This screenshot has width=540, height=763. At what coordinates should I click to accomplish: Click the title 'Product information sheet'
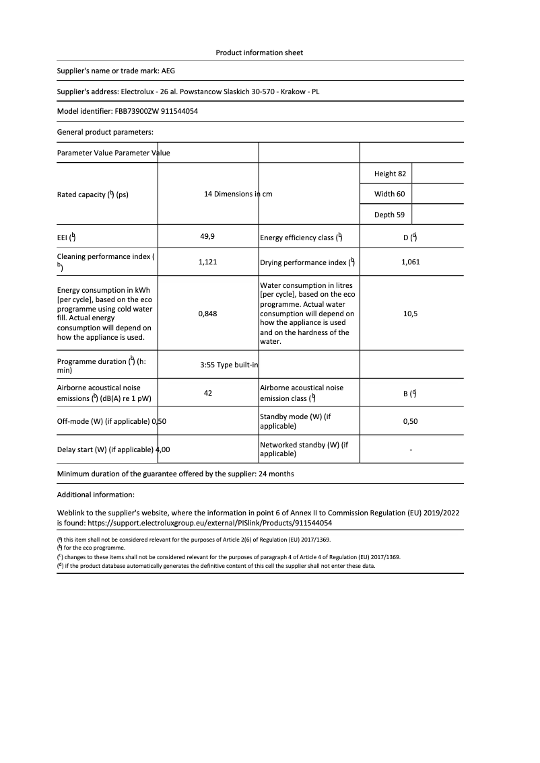[259, 52]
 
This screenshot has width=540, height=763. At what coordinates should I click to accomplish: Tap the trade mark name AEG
[168, 70]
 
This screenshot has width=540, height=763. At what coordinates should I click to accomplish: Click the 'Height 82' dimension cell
[390, 174]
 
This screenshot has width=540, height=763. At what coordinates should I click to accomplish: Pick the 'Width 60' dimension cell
[389, 194]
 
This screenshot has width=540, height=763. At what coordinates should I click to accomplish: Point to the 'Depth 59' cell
[390, 215]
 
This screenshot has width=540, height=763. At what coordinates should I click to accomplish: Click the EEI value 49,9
[207, 237]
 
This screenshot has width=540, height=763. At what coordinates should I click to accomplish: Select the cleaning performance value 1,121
[207, 262]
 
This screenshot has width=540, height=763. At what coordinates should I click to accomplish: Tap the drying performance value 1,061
[410, 262]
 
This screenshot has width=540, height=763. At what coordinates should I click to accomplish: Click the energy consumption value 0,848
[207, 314]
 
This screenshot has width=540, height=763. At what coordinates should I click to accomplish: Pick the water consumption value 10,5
[410, 314]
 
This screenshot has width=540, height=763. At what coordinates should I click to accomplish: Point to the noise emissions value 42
[207, 393]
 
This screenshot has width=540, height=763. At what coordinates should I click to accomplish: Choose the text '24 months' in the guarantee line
[276, 474]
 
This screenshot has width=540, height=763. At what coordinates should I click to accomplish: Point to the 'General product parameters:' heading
[105, 132]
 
